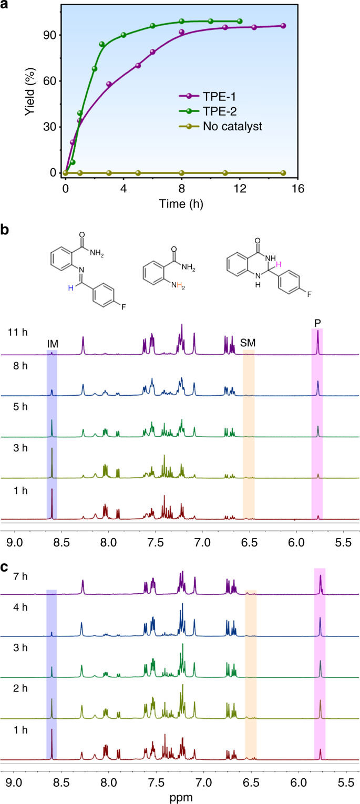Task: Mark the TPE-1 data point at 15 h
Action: point(283,26)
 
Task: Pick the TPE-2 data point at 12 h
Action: point(240,21)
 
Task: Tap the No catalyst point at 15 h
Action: point(283,173)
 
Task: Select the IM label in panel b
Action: point(52,344)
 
